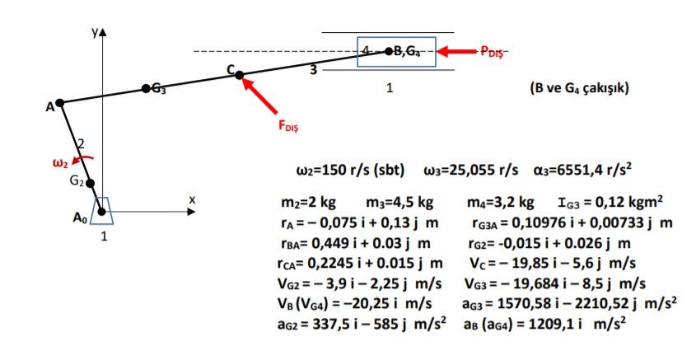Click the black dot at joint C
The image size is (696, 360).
click(240, 75)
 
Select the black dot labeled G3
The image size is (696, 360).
click(146, 88)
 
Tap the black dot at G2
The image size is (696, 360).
click(92, 184)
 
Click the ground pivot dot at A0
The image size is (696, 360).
click(102, 212)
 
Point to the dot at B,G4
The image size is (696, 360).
click(390, 51)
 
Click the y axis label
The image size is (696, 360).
click(94, 31)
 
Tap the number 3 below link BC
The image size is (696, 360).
click(313, 70)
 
